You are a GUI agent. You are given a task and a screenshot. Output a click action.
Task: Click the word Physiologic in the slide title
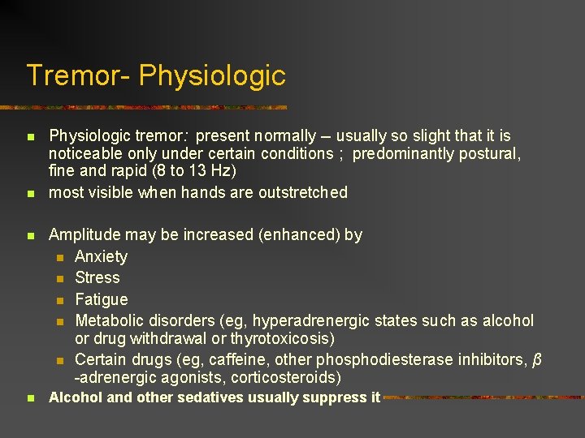pyautogui.click(x=212, y=76)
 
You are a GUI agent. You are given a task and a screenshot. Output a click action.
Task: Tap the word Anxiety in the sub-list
pyautogui.click(x=101, y=256)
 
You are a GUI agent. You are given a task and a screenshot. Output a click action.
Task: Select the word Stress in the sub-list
pyautogui.click(x=97, y=277)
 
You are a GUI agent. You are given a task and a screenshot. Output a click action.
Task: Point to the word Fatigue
pyautogui.click(x=101, y=299)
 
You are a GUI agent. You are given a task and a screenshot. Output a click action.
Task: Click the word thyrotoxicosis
pyautogui.click(x=280, y=337)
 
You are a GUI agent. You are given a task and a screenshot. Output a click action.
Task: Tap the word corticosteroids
pyautogui.click(x=284, y=378)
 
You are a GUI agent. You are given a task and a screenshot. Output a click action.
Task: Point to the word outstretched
pyautogui.click(x=302, y=192)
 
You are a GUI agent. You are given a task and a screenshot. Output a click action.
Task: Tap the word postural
pyautogui.click(x=490, y=153)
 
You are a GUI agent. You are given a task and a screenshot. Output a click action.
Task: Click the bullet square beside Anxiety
pyautogui.click(x=59, y=257)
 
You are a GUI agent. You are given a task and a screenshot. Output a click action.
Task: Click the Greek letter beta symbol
pyautogui.click(x=536, y=359)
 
